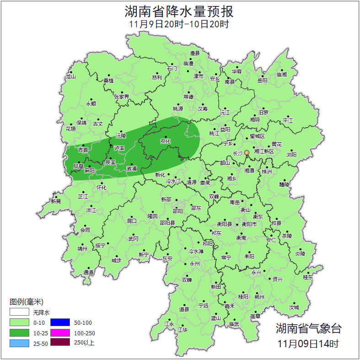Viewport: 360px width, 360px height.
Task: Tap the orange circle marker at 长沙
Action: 247,152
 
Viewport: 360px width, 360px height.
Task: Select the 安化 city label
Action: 165,141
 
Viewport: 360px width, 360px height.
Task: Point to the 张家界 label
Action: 122,97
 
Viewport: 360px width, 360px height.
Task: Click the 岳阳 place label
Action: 263,81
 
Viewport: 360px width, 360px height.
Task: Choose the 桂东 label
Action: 308,277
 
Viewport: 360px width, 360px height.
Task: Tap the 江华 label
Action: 183,329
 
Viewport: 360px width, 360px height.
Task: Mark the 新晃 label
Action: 56,201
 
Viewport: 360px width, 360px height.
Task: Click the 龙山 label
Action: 70,77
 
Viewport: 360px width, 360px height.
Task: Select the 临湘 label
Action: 282,75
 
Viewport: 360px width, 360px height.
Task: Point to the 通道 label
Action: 88,273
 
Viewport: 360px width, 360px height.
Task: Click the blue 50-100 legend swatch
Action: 60,323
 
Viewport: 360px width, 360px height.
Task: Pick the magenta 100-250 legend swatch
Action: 60,333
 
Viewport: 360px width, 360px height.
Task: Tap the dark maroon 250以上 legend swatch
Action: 60,343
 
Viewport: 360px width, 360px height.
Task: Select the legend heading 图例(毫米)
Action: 26,302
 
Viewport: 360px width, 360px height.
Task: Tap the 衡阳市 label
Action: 249,224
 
